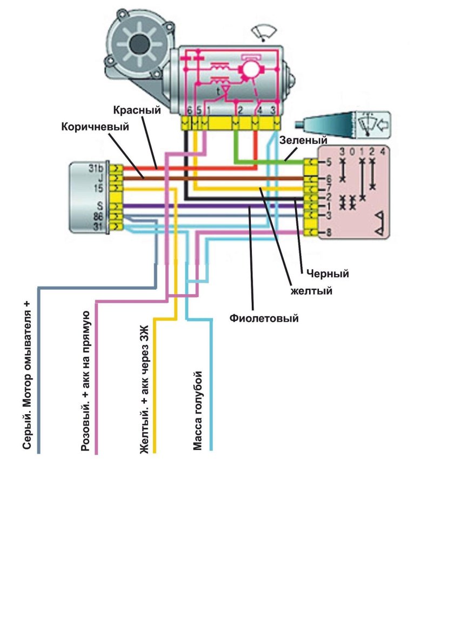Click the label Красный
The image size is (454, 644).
coord(137,111)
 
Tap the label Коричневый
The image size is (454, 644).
coord(96,128)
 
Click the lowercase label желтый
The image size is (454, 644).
coord(311,291)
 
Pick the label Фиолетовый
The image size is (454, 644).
coord(264,318)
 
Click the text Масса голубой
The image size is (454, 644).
coord(198,411)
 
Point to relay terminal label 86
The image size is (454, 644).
coord(97,216)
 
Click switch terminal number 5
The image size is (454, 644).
coord(328,162)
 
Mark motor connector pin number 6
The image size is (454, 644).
coord(189,111)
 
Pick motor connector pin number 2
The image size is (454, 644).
coord(238,111)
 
